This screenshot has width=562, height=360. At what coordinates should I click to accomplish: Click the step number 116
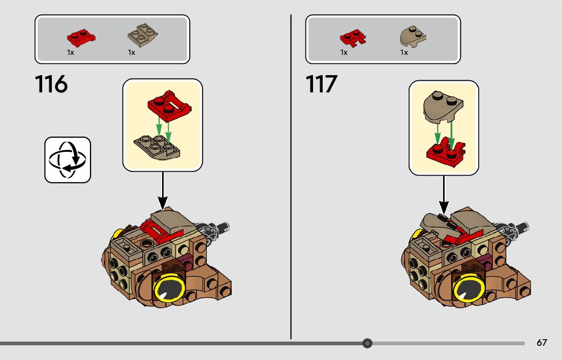[51, 84]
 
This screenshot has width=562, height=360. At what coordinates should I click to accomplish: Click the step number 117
[322, 84]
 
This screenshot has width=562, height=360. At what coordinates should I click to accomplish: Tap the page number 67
[542, 343]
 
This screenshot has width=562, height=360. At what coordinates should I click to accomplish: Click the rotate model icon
[68, 159]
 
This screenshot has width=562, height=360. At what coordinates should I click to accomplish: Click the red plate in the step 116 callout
[169, 106]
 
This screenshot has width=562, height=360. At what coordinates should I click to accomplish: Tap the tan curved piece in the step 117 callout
[443, 107]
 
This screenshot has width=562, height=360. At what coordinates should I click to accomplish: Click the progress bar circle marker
[367, 343]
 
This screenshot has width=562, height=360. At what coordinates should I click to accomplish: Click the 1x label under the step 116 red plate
[71, 52]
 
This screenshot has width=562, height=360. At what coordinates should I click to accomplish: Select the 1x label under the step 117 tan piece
[404, 52]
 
